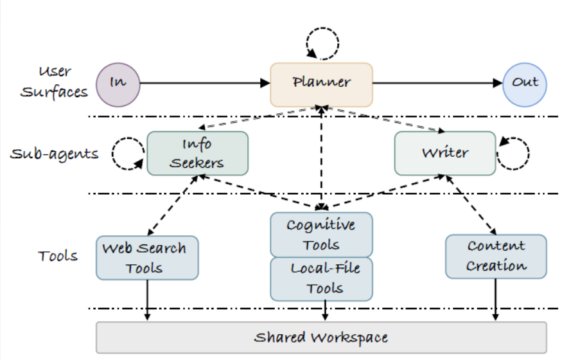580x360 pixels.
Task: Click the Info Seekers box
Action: pos(197,153)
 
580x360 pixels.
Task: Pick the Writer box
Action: pos(444,153)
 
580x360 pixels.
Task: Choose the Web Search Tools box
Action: pos(146,258)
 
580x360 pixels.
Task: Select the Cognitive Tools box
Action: pos(321,235)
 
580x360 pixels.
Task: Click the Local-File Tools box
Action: pos(321,279)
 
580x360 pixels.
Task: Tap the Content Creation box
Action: pos(496,256)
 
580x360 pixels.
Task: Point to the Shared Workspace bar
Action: pos(321,337)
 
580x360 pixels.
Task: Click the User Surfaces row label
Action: pos(54,82)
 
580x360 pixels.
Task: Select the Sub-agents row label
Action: pos(55,154)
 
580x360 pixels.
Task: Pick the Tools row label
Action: pos(58,256)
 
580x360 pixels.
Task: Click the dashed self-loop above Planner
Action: pos(322,44)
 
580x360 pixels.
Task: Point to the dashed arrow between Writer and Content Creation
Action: pos(471,205)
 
